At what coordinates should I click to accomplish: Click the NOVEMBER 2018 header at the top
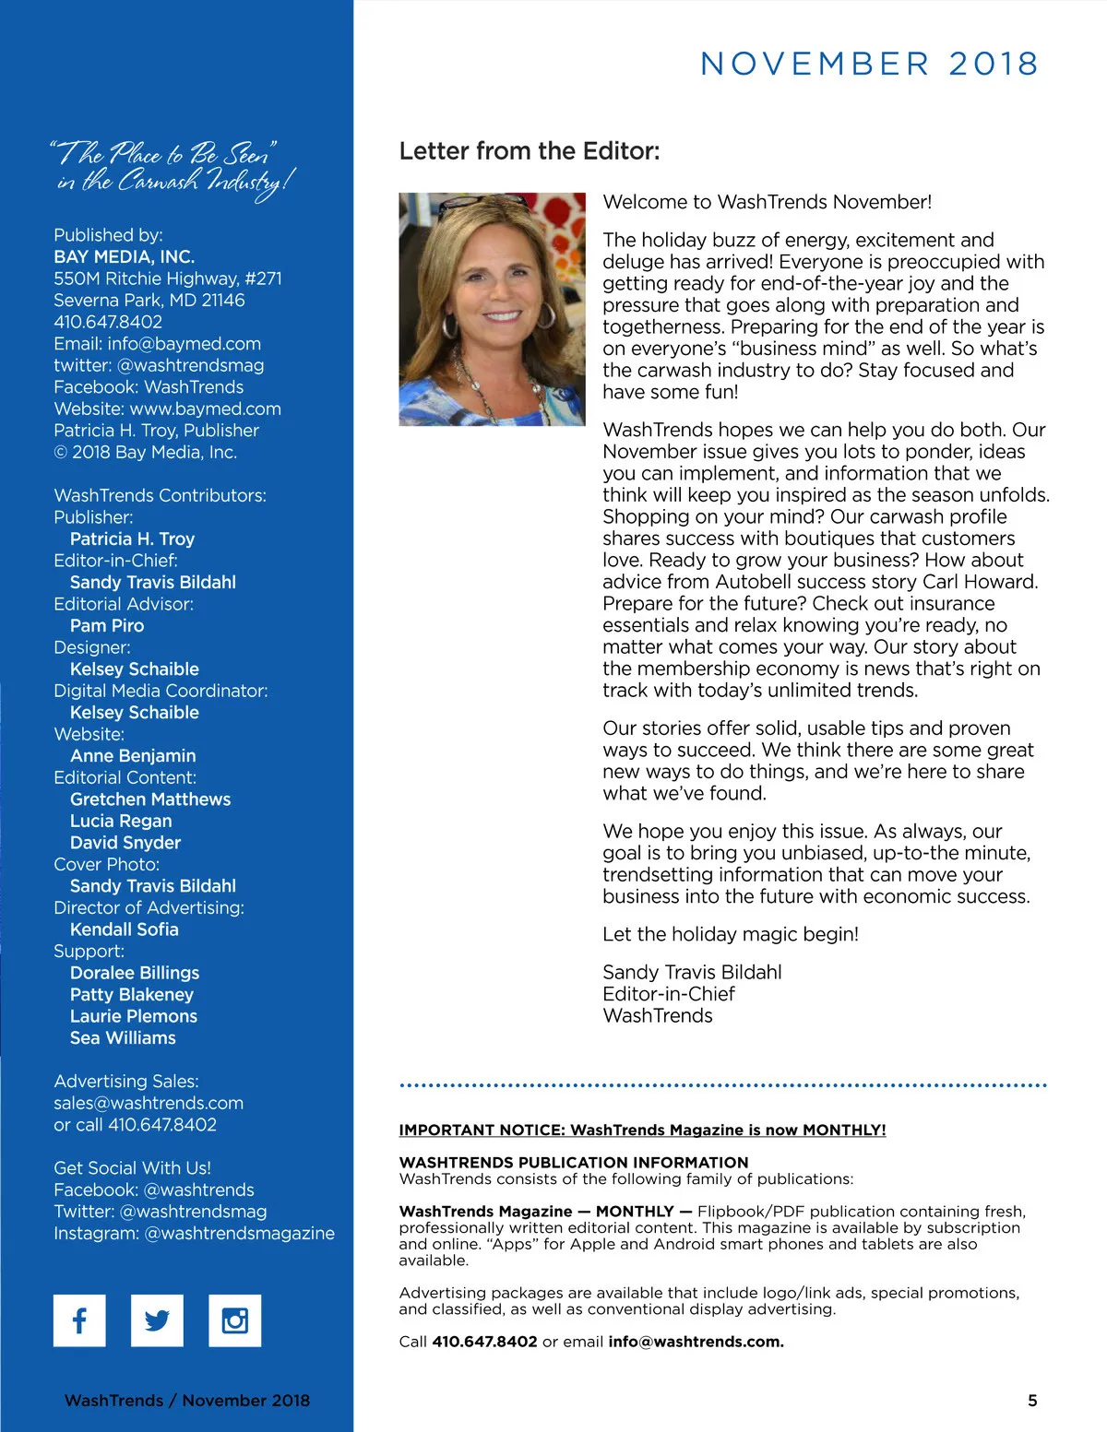869,64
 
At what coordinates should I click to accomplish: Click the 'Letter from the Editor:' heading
530,151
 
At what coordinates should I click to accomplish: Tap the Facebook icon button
79,1320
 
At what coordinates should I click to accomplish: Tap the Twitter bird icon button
157,1320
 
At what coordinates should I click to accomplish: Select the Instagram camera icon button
235,1320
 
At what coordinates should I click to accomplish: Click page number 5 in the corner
1032,1400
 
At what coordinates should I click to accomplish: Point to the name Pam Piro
107,625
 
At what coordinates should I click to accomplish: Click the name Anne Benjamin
133,756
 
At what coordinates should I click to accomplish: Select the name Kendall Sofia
125,929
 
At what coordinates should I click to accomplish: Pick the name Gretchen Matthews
150,799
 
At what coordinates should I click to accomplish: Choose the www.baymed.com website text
206,408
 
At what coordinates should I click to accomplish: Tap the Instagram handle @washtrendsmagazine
240,1233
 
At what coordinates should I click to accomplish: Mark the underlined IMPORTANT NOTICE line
642,1130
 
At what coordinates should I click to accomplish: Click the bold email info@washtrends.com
696,1342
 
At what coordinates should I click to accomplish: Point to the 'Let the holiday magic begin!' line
731,934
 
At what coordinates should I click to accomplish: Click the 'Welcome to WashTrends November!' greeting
768,202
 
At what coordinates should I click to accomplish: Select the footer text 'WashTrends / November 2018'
187,1400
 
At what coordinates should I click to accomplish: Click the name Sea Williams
123,1038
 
